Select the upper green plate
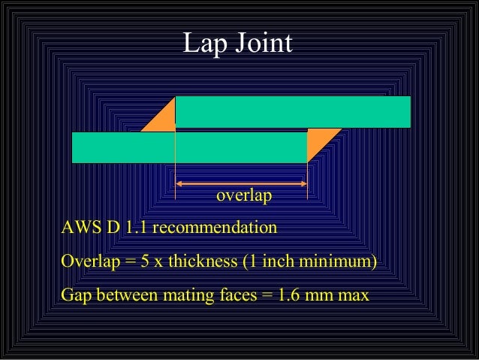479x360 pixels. (x=293, y=111)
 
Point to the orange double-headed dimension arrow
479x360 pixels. (x=241, y=183)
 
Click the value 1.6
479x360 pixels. (x=290, y=295)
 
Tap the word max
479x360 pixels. (x=353, y=295)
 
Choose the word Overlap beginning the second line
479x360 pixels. (x=88, y=262)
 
